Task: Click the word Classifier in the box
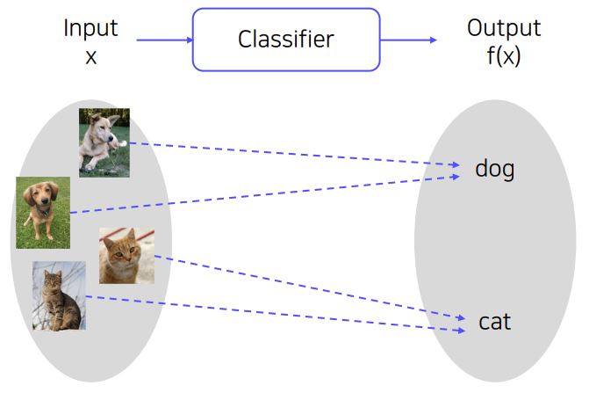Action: click(286, 40)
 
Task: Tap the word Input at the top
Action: click(90, 28)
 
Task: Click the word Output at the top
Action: click(504, 28)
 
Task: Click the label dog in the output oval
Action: click(494, 169)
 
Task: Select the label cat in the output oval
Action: click(494, 322)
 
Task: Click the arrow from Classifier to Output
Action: click(408, 40)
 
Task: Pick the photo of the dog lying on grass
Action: click(104, 142)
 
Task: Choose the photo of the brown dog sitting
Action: click(42, 213)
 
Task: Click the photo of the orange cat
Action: click(126, 255)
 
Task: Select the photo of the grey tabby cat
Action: click(59, 296)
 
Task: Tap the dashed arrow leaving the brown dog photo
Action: click(263, 194)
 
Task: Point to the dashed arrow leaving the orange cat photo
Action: click(307, 287)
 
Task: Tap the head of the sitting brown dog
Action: click(40, 197)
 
